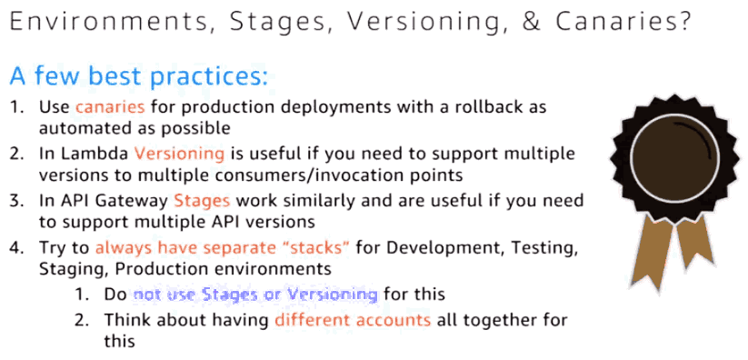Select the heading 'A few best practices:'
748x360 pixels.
coord(139,76)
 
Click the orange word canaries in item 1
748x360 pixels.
coord(110,106)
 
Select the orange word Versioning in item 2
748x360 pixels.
coord(179,154)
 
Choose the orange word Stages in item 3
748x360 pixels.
coord(202,201)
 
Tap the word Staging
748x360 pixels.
coord(74,269)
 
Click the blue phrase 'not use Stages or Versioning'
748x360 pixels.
coord(255,294)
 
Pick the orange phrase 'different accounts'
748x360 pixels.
coord(353,319)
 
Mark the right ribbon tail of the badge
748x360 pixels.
coord(695,242)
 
